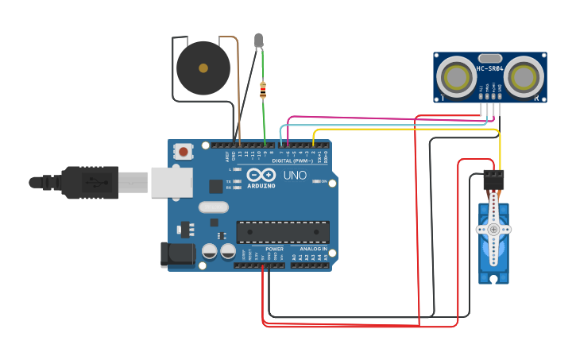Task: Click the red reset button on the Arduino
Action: (x=184, y=151)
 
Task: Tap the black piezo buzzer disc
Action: (x=203, y=68)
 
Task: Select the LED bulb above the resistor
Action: (x=258, y=40)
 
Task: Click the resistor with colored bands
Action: (x=263, y=91)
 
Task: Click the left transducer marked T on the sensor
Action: (x=458, y=77)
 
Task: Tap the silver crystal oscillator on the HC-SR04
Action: (x=490, y=57)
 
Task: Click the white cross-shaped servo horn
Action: (x=493, y=229)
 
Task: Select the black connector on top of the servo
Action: (x=493, y=180)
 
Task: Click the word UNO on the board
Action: (x=295, y=175)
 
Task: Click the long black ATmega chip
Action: (x=283, y=232)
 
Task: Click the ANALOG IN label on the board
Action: (x=313, y=249)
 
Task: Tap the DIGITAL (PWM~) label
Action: (x=293, y=161)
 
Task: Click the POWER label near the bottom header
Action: (x=274, y=249)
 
